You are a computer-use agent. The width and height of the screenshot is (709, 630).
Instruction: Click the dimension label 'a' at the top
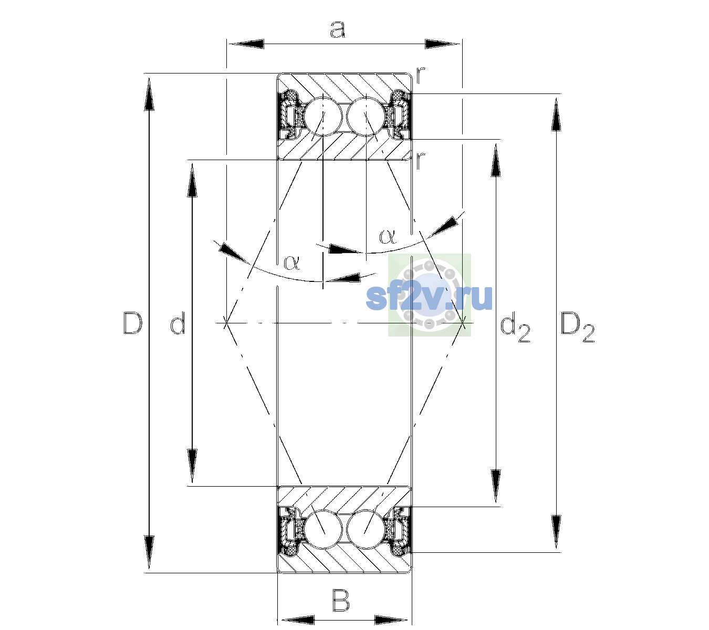click(x=338, y=29)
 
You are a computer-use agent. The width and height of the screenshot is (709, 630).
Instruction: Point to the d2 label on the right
click(x=515, y=328)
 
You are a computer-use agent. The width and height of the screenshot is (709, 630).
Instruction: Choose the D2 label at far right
click(x=577, y=328)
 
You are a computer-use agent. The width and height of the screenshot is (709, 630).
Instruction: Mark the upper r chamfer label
click(x=421, y=75)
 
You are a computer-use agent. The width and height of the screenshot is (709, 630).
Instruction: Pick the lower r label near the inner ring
click(x=421, y=160)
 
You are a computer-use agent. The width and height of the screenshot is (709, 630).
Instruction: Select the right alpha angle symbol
click(x=388, y=236)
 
